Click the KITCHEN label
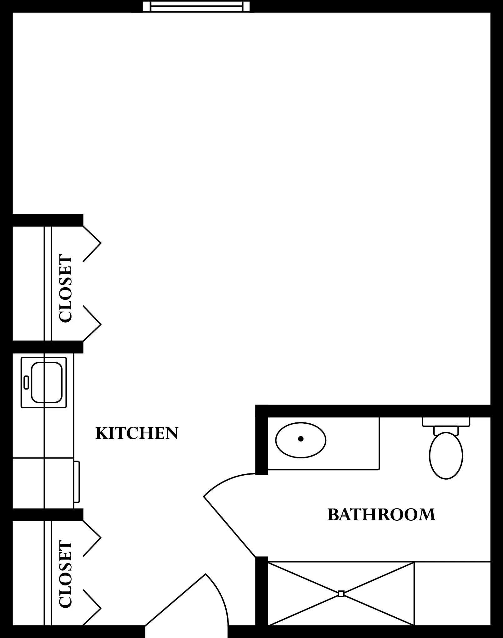(x=137, y=433)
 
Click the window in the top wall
(x=196, y=6)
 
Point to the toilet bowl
(x=446, y=456)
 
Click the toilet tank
(x=446, y=421)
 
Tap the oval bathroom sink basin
(x=301, y=440)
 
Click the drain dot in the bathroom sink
(x=301, y=439)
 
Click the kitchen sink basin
(x=47, y=382)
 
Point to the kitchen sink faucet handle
(x=26, y=382)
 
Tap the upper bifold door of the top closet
(x=92, y=243)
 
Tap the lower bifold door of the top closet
(x=92, y=323)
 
